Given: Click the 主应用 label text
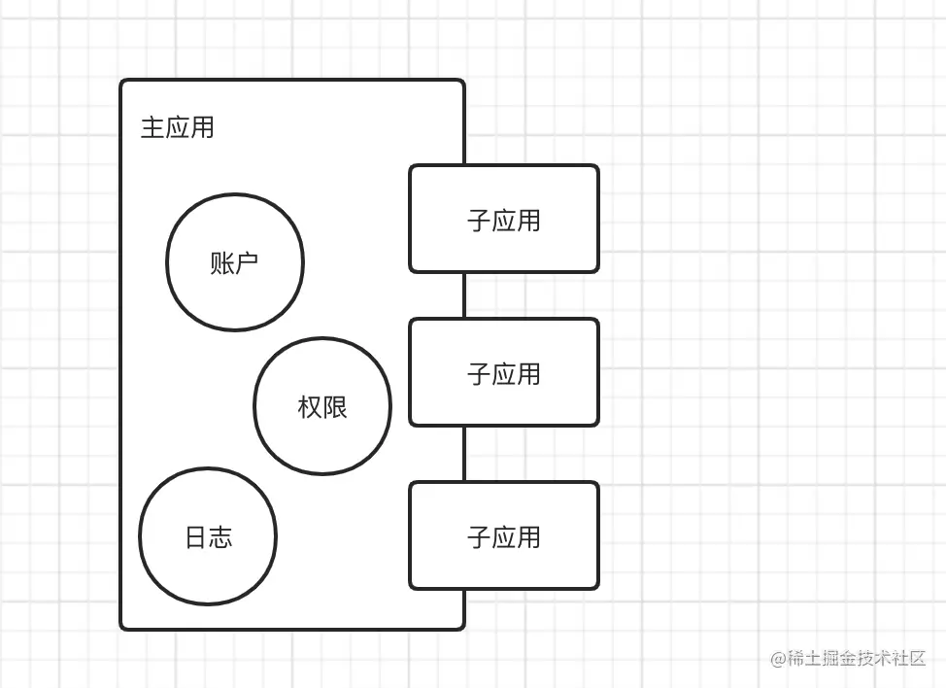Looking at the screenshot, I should [x=177, y=128].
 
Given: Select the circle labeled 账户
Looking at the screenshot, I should [x=235, y=261].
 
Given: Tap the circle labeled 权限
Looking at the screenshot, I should [x=322, y=406].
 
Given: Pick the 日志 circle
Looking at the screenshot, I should [x=208, y=536].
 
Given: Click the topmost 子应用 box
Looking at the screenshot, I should [x=504, y=219].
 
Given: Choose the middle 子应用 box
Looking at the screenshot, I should [x=504, y=372].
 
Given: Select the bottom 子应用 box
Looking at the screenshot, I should [x=504, y=535].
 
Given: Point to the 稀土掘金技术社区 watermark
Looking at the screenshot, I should [x=856, y=658].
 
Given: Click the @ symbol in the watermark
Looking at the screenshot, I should [x=778, y=659].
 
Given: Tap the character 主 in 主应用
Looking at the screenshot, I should [x=152, y=128].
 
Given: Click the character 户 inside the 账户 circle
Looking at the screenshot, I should [x=248, y=262].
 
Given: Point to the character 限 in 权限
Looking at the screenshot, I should [x=335, y=407].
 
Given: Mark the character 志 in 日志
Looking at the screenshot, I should [x=220, y=537].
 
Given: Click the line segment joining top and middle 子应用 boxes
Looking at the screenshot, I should [x=464, y=295].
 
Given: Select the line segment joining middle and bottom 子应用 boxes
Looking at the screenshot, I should [x=464, y=454].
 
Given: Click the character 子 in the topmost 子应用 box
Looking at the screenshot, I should [x=479, y=221].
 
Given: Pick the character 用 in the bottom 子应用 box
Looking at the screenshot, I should [x=528, y=537].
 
